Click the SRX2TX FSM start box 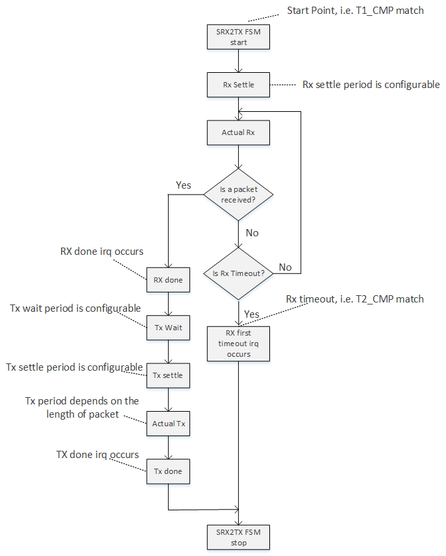(x=238, y=38)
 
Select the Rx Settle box (x=238, y=85)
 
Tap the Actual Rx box (x=238, y=132)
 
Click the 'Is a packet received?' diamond (x=238, y=193)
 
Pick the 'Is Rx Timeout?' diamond (x=238, y=272)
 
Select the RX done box (x=168, y=279)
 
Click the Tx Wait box (x=168, y=327)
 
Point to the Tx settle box (x=168, y=375)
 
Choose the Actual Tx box (x=168, y=424)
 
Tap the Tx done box (x=168, y=471)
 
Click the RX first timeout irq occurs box (x=238, y=344)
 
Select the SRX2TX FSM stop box (x=238, y=537)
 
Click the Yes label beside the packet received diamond (x=183, y=185)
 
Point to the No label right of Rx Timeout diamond (x=285, y=267)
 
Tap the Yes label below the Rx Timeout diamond (x=251, y=313)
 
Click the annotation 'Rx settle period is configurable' (x=371, y=85)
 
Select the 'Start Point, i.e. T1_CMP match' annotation (x=355, y=11)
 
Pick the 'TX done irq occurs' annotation (x=97, y=455)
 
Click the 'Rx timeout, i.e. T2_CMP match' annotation (x=355, y=299)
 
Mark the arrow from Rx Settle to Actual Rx (x=238, y=109)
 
